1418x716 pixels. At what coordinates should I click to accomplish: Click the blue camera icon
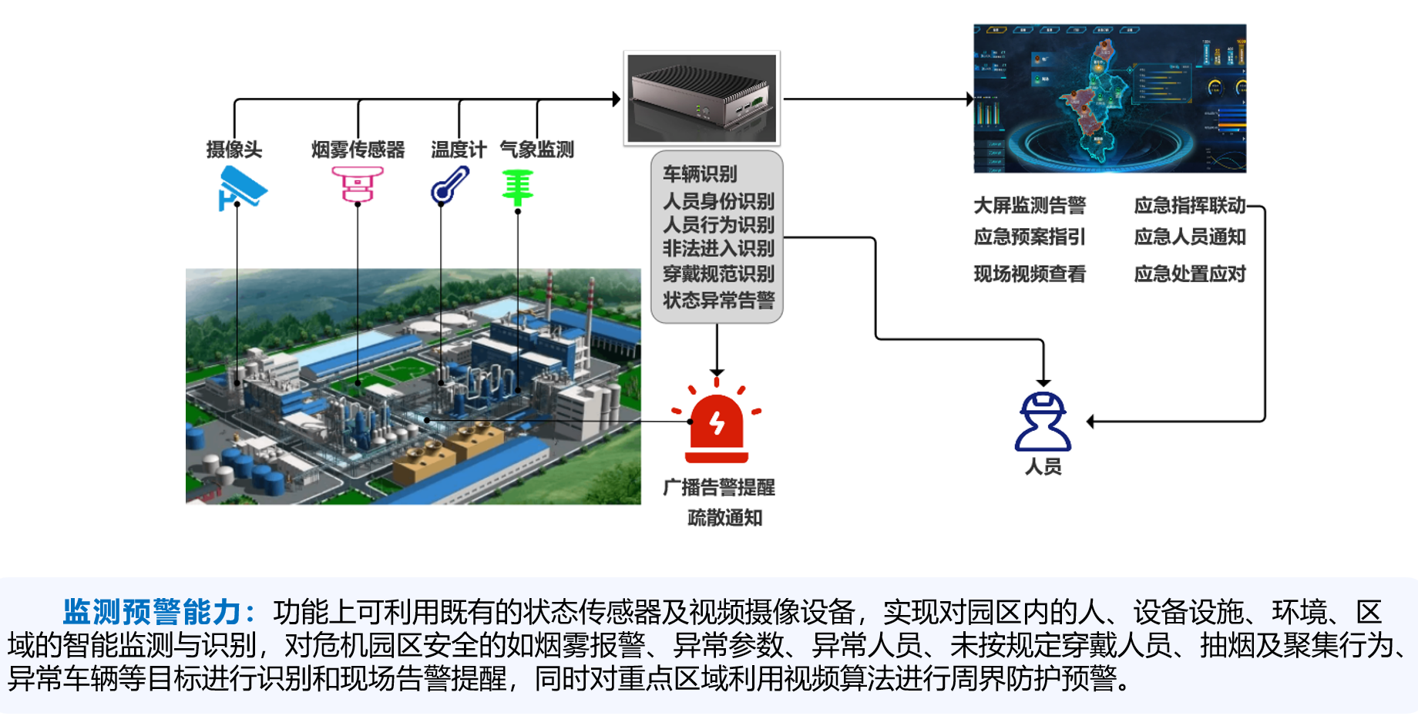(242, 187)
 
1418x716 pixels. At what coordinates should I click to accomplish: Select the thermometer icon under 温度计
(450, 186)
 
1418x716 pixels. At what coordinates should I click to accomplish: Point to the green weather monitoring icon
(518, 187)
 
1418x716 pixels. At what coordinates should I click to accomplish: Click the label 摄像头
(234, 150)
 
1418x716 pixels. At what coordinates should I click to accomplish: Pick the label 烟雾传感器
(358, 150)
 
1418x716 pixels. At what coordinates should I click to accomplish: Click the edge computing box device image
(701, 98)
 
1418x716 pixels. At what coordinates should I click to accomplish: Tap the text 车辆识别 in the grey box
(700, 174)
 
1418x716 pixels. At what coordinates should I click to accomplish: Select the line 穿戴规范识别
(718, 274)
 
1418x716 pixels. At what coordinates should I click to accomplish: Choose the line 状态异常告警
(718, 300)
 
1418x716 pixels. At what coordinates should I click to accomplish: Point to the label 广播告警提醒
(719, 487)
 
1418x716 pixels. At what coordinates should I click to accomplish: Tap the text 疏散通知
(724, 518)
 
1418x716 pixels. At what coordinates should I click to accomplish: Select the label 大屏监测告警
(1030, 205)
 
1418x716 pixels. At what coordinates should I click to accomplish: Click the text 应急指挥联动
(1190, 205)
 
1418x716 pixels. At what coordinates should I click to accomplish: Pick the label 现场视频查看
(1030, 274)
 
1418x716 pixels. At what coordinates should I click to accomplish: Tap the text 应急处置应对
(1190, 274)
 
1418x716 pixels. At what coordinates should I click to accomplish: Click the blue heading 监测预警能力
(153, 612)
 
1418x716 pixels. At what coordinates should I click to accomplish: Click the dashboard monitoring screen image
(1110, 98)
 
